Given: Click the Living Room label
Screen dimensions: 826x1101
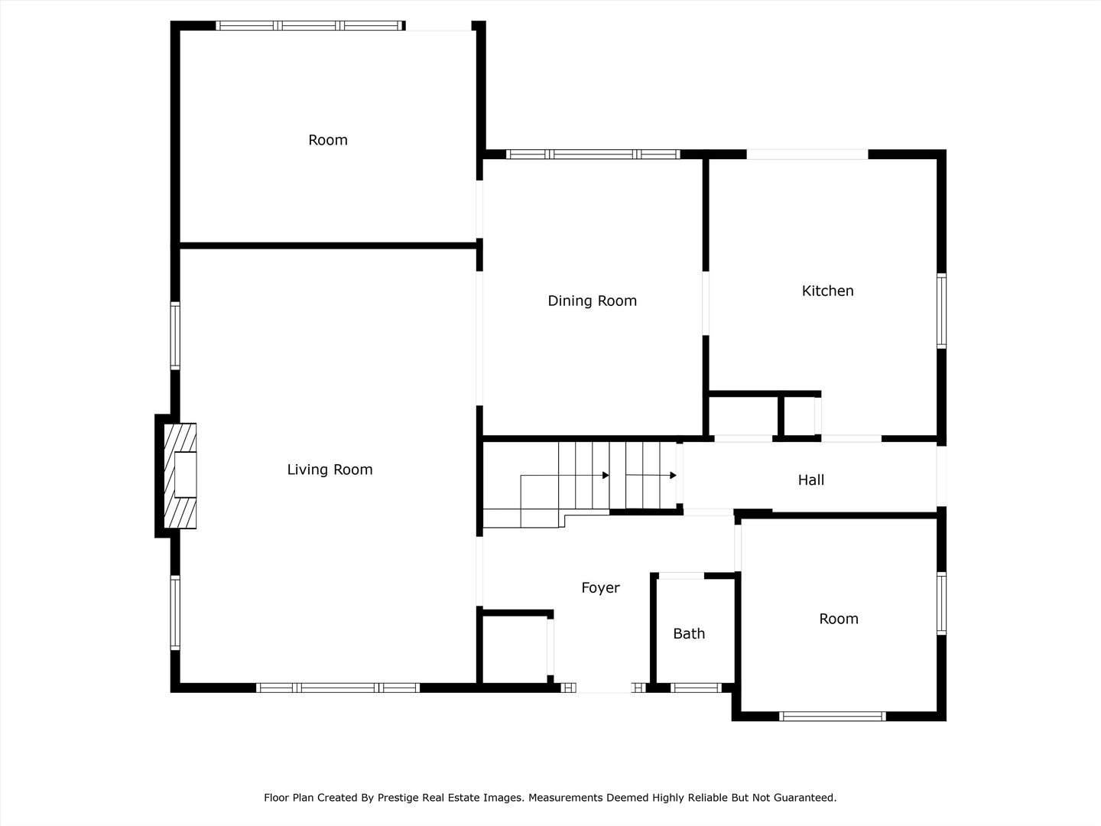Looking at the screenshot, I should pyautogui.click(x=330, y=470).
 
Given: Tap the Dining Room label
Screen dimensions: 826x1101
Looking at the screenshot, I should pyautogui.click(x=592, y=301).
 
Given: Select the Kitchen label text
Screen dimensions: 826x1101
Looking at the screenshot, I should pyautogui.click(x=827, y=291).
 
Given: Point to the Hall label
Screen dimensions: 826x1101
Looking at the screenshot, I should pyautogui.click(x=810, y=480).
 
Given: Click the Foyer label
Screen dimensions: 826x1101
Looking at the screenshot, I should pyautogui.click(x=600, y=587).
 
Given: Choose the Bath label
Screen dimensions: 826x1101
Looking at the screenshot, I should pyautogui.click(x=689, y=633).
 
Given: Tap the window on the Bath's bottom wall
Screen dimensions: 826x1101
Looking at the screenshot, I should pyautogui.click(x=696, y=688).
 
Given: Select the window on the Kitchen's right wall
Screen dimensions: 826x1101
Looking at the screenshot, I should pyautogui.click(x=941, y=311).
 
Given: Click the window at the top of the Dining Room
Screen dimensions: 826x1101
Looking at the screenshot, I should pyautogui.click(x=593, y=154).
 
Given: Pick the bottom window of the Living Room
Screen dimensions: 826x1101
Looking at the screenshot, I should pyautogui.click(x=337, y=688).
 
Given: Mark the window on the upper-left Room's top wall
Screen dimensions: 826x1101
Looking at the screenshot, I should pyautogui.click(x=310, y=25).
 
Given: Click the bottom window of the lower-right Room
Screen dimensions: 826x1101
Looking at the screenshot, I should pyautogui.click(x=832, y=717).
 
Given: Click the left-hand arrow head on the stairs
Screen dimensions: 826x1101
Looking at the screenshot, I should pyautogui.click(x=606, y=476).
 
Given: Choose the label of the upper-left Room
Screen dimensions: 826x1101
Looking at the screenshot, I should pyautogui.click(x=327, y=140).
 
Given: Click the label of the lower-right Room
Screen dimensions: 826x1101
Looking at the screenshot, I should pyautogui.click(x=838, y=619).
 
